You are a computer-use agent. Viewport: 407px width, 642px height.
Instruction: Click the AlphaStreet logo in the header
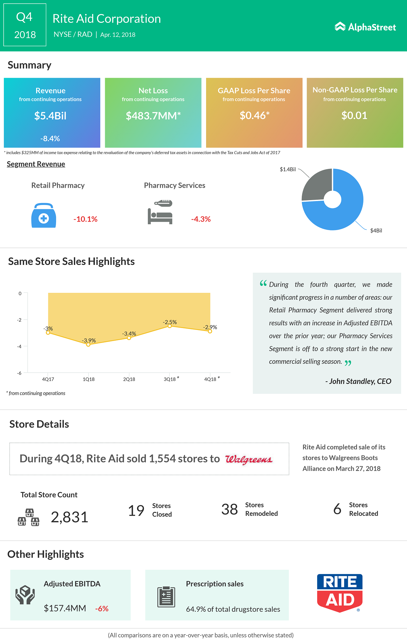tap(365, 27)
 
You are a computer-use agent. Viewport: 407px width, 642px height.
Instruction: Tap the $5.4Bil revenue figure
tap(50, 116)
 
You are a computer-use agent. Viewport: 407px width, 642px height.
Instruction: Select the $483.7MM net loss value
tap(153, 116)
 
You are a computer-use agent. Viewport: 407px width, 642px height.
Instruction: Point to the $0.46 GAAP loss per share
tap(254, 115)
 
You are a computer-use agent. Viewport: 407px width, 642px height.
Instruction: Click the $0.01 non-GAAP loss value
tap(354, 115)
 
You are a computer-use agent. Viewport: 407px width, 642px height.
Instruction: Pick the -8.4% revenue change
tap(50, 139)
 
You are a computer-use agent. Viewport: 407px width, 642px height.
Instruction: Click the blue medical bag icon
tap(44, 215)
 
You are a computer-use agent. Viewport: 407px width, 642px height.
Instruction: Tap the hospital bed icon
tap(160, 212)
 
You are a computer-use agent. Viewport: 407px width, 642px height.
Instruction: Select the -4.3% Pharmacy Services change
tap(201, 219)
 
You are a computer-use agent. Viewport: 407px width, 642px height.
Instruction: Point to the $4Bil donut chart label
tap(376, 230)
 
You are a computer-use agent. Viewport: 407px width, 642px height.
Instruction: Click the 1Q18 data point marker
tap(88, 345)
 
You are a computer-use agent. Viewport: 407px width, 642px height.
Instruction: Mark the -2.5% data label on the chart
tap(170, 322)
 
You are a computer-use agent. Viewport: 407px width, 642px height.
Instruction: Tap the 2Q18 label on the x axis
tap(129, 379)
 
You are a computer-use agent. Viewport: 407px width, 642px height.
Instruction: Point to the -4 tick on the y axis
tap(20, 347)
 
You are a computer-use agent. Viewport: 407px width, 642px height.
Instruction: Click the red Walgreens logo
tap(249, 459)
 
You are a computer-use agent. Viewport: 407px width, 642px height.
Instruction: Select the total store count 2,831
tap(69, 517)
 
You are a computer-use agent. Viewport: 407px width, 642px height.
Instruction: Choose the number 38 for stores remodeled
tap(230, 509)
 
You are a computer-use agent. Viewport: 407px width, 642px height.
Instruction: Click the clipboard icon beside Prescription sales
tap(166, 597)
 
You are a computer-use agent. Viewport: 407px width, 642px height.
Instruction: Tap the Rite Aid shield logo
tap(340, 593)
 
